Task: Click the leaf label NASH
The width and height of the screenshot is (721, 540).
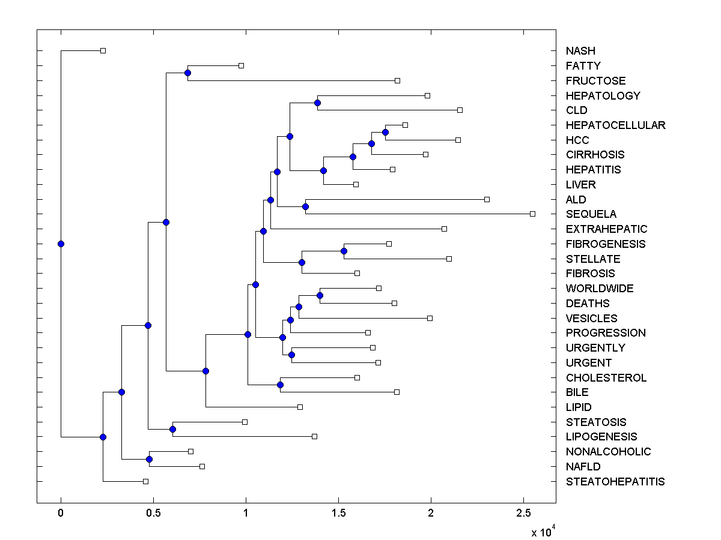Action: click(580, 51)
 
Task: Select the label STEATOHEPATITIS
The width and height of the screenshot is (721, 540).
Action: click(615, 482)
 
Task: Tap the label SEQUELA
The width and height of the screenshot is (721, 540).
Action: click(591, 214)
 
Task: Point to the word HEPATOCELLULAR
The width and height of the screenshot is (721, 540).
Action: click(615, 125)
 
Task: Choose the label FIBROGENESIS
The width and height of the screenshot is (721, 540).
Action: click(605, 244)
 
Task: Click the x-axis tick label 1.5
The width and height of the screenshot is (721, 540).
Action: click(338, 513)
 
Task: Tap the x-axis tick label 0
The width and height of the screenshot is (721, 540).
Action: click(61, 513)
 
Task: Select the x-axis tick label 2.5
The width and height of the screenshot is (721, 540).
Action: click(523, 513)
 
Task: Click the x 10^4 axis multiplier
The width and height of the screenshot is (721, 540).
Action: click(543, 531)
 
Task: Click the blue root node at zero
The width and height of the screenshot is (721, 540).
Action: click(61, 244)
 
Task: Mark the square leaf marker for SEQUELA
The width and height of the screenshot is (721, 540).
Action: click(532, 214)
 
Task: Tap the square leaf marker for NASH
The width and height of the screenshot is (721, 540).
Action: click(103, 50)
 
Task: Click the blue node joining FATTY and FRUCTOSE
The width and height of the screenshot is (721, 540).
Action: click(187, 73)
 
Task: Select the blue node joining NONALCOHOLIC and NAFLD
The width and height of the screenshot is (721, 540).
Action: click(149, 459)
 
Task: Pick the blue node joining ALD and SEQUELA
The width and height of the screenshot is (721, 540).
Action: click(305, 206)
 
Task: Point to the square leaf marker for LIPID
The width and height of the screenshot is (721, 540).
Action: click(300, 407)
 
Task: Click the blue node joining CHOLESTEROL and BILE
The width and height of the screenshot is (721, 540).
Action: click(280, 385)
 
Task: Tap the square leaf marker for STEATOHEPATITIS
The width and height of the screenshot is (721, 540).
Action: click(145, 481)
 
